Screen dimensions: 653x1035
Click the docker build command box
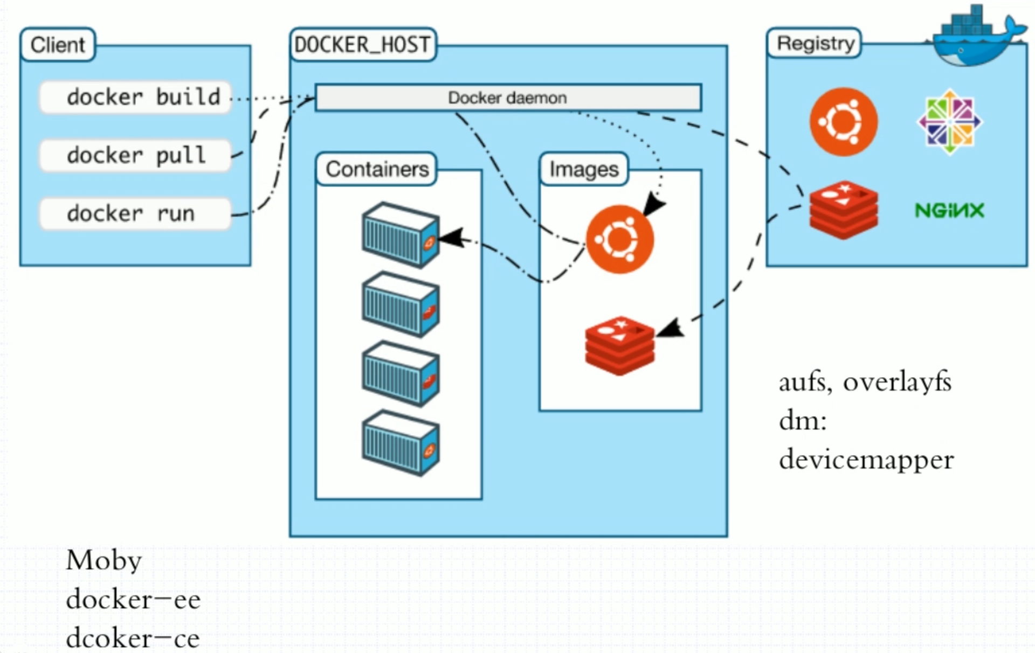pyautogui.click(x=135, y=98)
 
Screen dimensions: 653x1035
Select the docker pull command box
pyautogui.click(x=135, y=156)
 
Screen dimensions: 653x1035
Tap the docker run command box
pyautogui.click(x=135, y=214)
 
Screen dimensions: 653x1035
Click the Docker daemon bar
pyautogui.click(x=508, y=98)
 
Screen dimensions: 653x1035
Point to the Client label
pyautogui.click(x=58, y=45)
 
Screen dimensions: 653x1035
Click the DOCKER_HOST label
pyautogui.click(x=362, y=45)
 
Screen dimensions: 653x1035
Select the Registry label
pyautogui.click(x=815, y=43)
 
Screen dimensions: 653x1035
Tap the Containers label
pyautogui.click(x=377, y=169)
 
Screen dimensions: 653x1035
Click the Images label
pyautogui.click(x=584, y=169)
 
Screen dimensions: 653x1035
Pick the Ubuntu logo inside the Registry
pyautogui.click(x=844, y=122)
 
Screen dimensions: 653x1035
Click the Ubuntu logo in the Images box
pyautogui.click(x=620, y=239)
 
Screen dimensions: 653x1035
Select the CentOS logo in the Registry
pyautogui.click(x=949, y=122)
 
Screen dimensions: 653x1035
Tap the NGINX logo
pyautogui.click(x=949, y=210)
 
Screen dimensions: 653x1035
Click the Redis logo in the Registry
pyautogui.click(x=844, y=210)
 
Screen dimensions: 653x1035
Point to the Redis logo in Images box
pyautogui.click(x=620, y=345)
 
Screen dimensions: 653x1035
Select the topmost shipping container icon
pyautogui.click(x=401, y=235)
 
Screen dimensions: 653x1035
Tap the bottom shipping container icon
pyautogui.click(x=401, y=443)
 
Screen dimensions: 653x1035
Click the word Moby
pyautogui.click(x=104, y=561)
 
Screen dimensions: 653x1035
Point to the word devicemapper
pyautogui.click(x=866, y=460)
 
